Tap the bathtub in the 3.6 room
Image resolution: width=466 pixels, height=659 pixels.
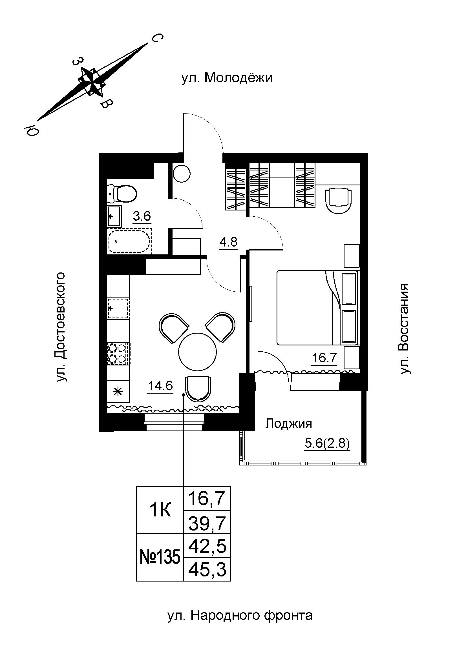(130, 241)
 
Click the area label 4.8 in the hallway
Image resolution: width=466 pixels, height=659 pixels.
(229, 242)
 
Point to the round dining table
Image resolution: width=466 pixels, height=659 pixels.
(197, 351)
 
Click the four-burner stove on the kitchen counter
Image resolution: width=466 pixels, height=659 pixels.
(119, 354)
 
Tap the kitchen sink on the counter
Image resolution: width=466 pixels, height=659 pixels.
(118, 309)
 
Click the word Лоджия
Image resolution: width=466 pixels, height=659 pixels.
(289, 424)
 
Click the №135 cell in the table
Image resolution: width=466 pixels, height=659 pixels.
(160, 558)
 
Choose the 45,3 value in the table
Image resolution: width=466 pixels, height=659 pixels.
(207, 570)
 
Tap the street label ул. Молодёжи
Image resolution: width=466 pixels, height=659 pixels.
(227, 78)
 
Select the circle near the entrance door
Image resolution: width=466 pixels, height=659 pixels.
(182, 173)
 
